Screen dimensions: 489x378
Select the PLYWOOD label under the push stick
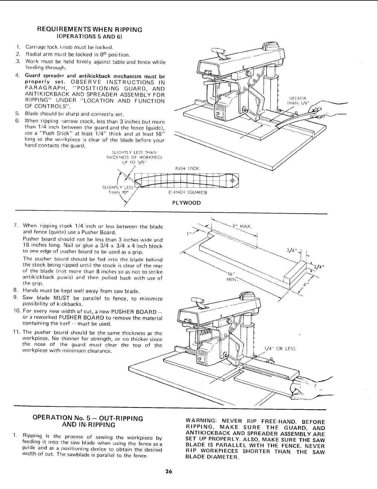[187, 203]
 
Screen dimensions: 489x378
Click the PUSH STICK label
[187, 168]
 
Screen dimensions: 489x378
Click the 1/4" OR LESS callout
[280, 349]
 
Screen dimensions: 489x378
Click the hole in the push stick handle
[233, 181]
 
